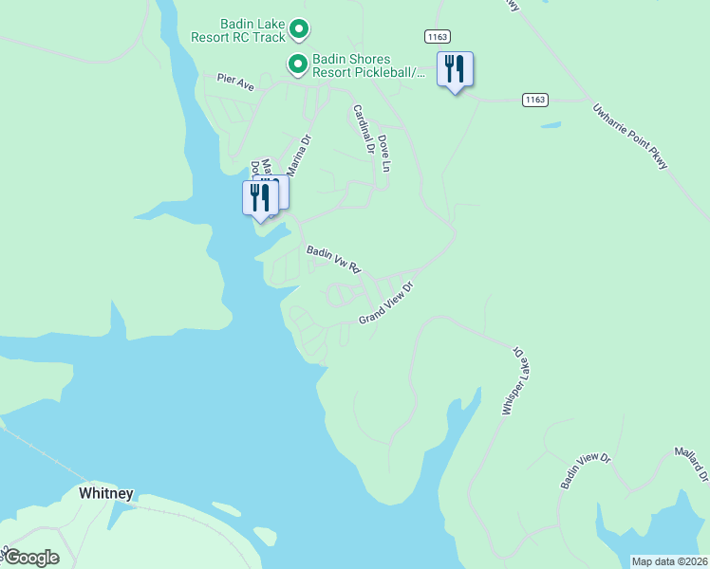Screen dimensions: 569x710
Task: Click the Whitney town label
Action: [x=106, y=493]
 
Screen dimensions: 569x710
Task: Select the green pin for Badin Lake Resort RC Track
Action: [x=299, y=30]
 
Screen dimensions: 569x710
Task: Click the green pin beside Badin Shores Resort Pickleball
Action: [x=297, y=65]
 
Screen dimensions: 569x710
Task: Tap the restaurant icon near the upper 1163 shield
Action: [x=455, y=69]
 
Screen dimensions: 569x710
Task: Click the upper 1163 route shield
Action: [x=437, y=35]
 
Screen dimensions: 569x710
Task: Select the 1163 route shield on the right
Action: [x=535, y=99]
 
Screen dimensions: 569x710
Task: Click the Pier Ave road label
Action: [x=235, y=83]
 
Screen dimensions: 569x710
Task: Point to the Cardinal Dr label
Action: [x=364, y=129]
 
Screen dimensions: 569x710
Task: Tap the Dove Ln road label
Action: [x=383, y=152]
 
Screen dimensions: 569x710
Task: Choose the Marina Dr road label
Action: [x=299, y=155]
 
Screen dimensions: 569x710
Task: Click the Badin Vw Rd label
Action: [x=334, y=259]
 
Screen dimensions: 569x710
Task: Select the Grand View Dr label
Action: [x=387, y=303]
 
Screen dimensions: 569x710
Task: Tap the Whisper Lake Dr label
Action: [x=513, y=379]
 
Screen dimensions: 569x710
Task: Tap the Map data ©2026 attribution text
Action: [x=670, y=561]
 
